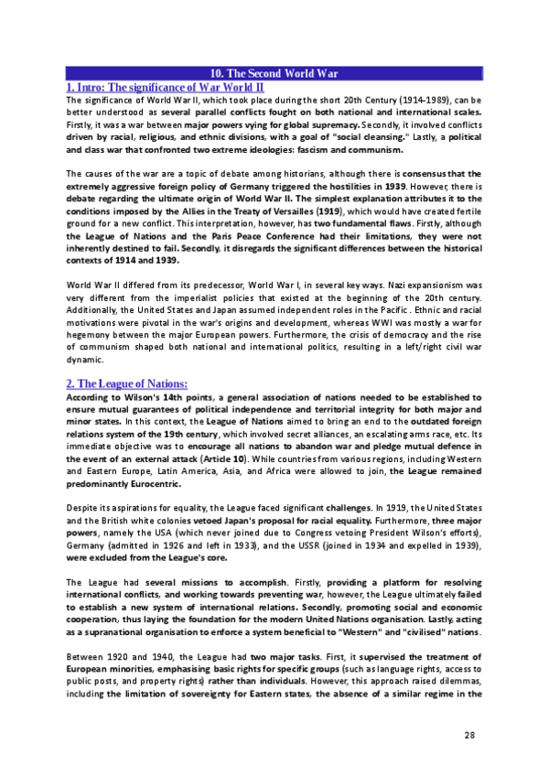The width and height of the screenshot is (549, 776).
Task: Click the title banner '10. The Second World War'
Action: [x=274, y=73]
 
